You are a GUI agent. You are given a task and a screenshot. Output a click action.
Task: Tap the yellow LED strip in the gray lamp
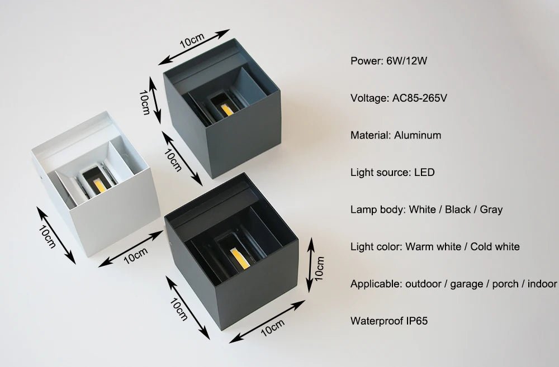pyautogui.click(x=227, y=109)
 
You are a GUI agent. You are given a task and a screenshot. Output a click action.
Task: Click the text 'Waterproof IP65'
pyautogui.click(x=389, y=321)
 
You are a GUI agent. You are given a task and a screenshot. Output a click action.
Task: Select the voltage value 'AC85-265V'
pyautogui.click(x=419, y=98)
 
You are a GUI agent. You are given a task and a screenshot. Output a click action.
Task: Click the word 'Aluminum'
pyautogui.click(x=418, y=135)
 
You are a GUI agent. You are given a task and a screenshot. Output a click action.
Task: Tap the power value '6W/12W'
pyautogui.click(x=407, y=61)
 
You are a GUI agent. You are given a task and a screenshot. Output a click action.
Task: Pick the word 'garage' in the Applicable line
pyautogui.click(x=466, y=284)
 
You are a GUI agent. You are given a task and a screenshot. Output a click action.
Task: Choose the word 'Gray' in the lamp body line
pyautogui.click(x=491, y=209)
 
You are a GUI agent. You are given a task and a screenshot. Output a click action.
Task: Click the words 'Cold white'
pyautogui.click(x=495, y=246)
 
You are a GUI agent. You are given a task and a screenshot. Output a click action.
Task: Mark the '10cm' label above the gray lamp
pyautogui.click(x=192, y=41)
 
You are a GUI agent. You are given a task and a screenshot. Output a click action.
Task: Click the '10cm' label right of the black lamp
pyautogui.click(x=319, y=268)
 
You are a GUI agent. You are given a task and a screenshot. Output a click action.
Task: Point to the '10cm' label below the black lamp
pyautogui.click(x=273, y=327)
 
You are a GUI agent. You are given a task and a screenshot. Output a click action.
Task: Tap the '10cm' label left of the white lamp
pyautogui.click(x=47, y=237)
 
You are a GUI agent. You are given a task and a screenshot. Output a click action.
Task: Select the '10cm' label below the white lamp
pyautogui.click(x=135, y=255)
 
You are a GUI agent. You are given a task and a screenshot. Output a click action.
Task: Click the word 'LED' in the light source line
pyautogui.click(x=424, y=173)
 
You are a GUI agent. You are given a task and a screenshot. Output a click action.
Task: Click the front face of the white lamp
pyautogui.click(x=114, y=210)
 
